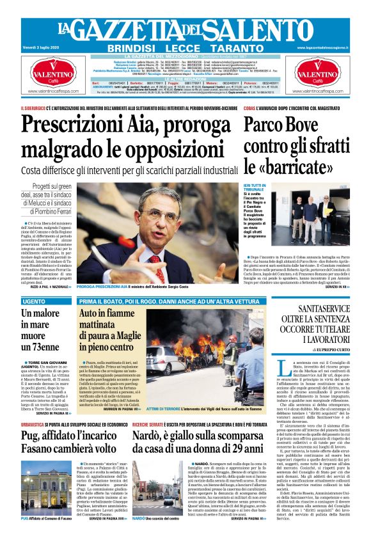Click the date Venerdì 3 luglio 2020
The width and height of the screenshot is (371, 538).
click(x=39, y=47)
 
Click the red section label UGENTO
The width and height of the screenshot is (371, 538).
click(x=33, y=301)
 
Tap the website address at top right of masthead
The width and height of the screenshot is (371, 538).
click(x=332, y=47)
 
